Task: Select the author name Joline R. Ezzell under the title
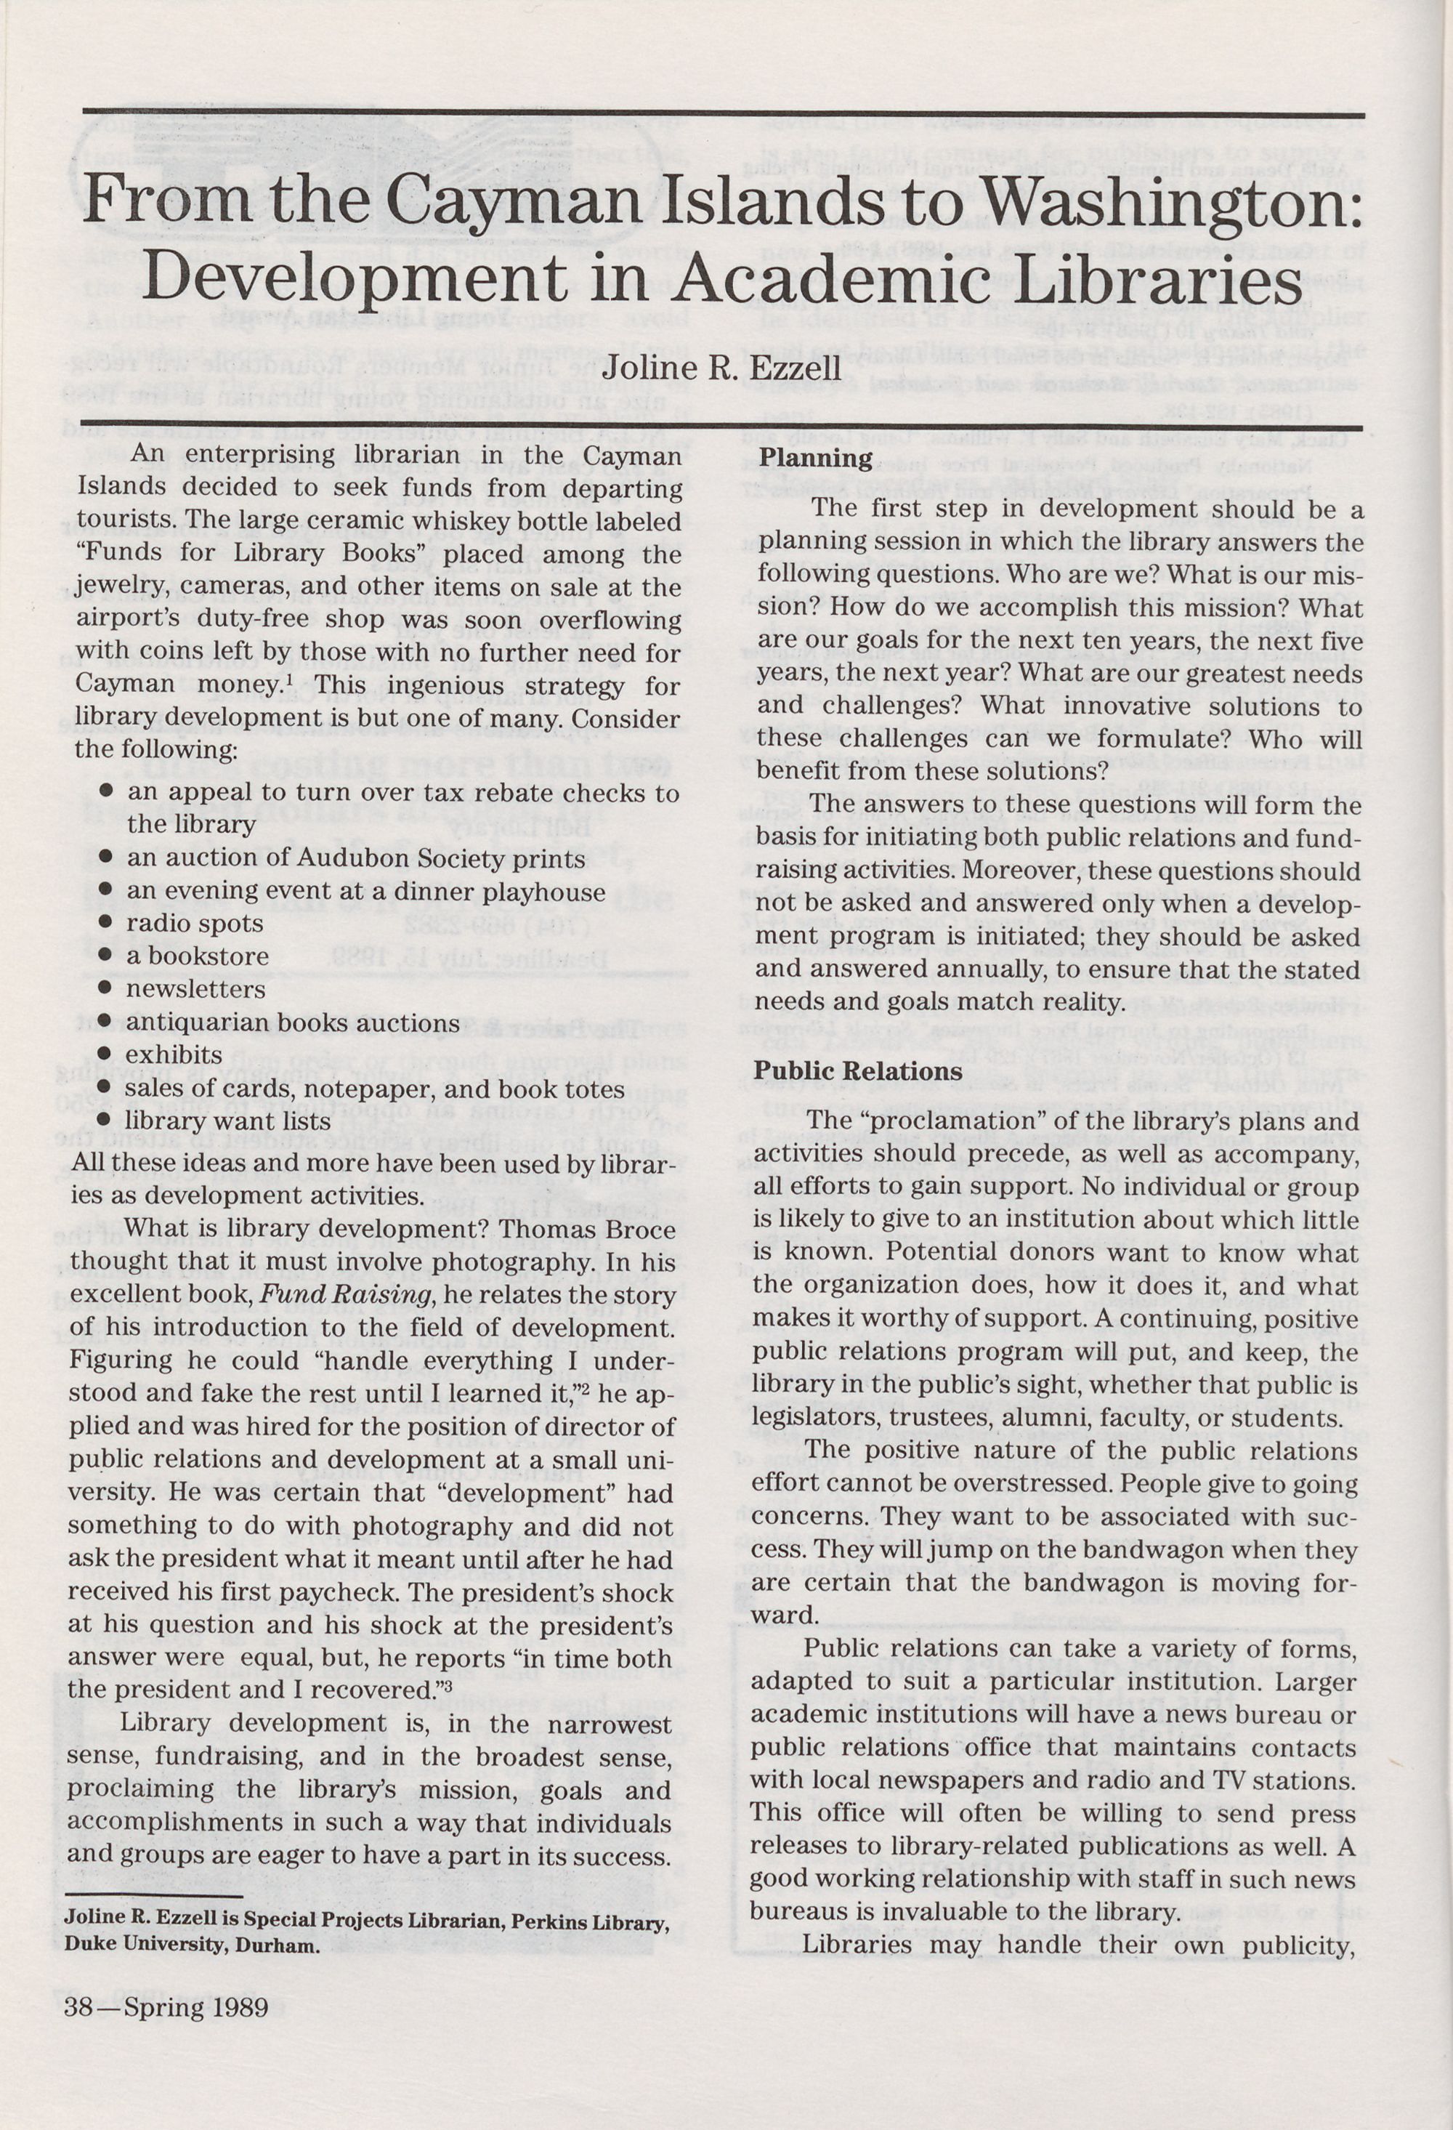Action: (721, 368)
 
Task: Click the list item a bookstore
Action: (197, 956)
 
